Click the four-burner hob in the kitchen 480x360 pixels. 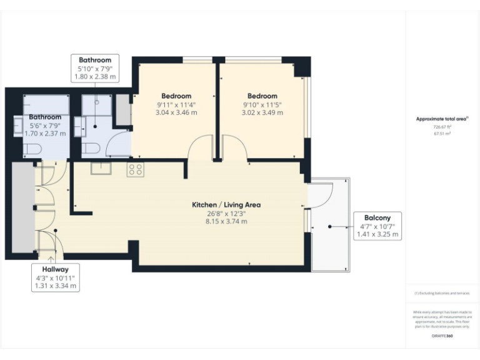135,169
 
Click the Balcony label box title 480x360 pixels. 377,217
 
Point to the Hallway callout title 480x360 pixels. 56,269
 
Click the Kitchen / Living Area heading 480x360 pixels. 226,204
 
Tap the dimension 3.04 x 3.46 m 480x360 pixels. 176,113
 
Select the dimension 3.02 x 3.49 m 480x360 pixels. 262,113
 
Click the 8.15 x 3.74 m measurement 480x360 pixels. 226,221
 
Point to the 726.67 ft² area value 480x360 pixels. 442,126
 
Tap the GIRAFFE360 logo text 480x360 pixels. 442,337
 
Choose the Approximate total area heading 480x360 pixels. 441,118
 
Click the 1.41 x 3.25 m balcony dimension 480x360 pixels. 377,234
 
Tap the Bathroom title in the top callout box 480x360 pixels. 95,60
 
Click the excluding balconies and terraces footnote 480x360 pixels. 442,293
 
